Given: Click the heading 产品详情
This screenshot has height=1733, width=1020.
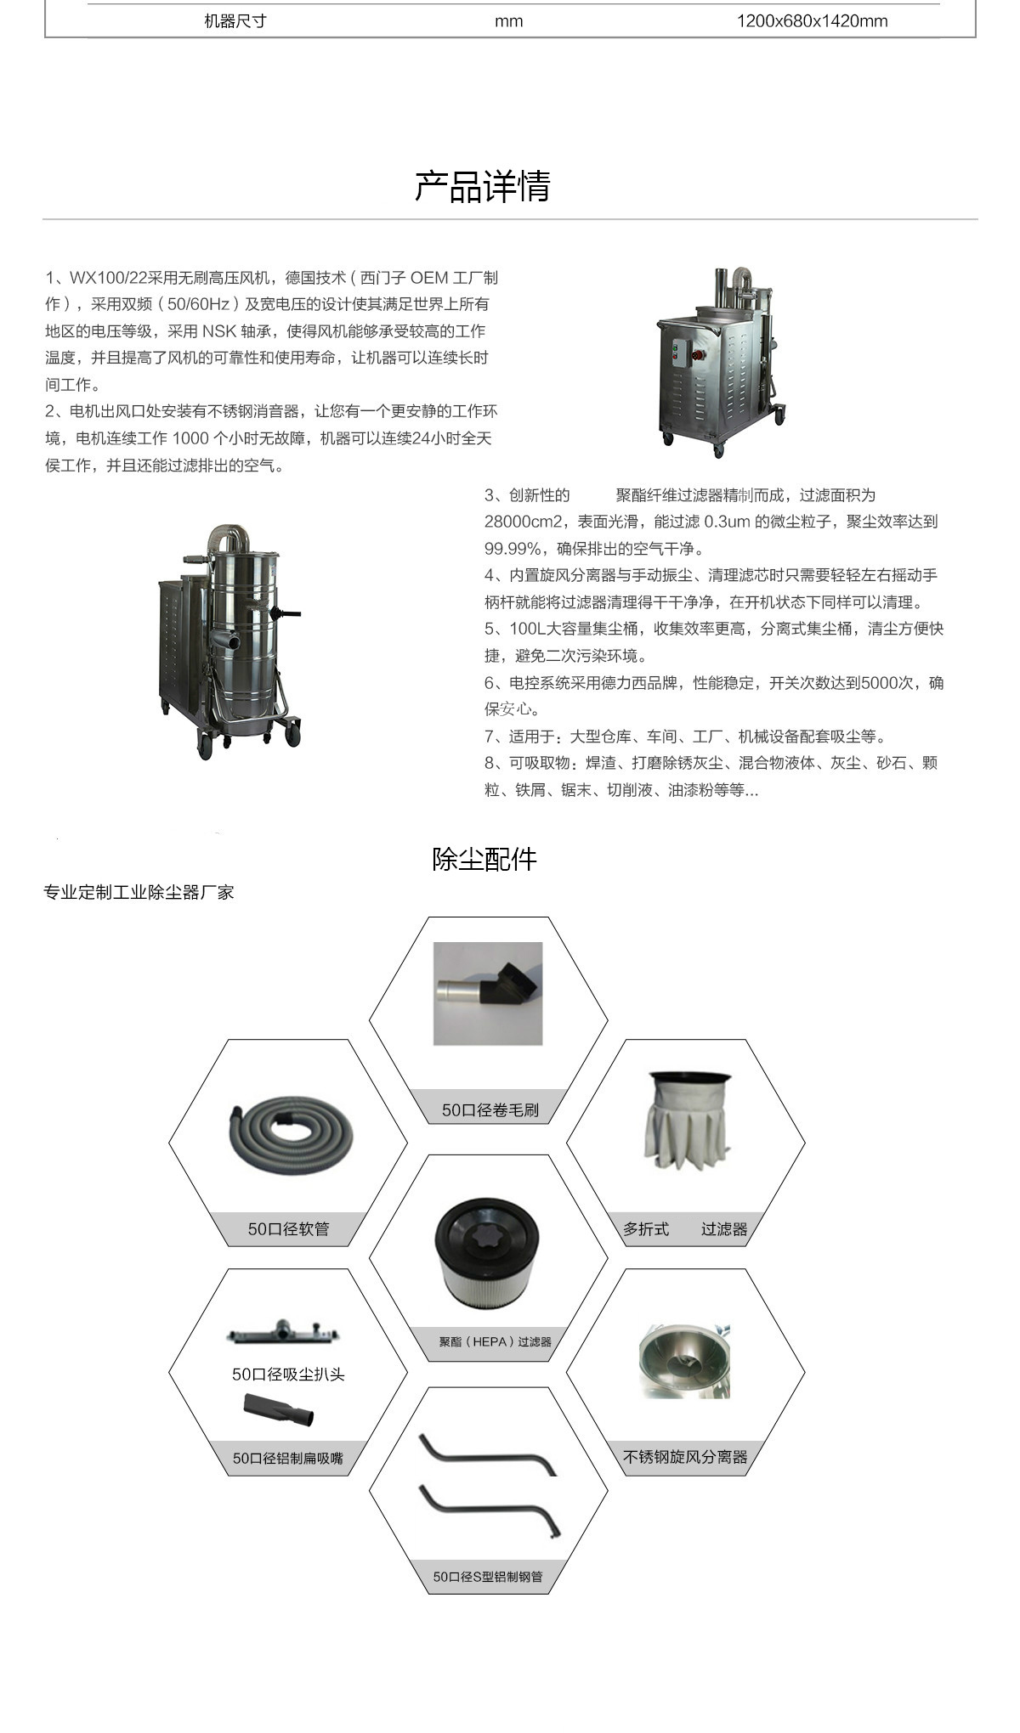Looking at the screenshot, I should (x=482, y=186).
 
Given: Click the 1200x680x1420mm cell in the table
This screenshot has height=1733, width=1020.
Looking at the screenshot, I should (x=812, y=21).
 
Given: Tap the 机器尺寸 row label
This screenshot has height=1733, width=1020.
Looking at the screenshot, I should (x=235, y=21).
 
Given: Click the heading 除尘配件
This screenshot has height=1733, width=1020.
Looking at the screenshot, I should (x=484, y=859).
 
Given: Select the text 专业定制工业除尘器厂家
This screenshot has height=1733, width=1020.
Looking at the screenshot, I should (x=139, y=892).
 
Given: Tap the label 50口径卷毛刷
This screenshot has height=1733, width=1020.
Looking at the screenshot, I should (x=490, y=1109).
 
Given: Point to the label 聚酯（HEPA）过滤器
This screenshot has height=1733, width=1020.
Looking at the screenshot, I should (x=495, y=1341).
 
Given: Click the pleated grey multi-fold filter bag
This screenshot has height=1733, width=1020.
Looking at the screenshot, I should (x=687, y=1121).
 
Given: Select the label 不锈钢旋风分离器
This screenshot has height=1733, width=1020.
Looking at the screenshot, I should (x=685, y=1457).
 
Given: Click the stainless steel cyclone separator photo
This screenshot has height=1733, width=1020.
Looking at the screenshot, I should (x=685, y=1362).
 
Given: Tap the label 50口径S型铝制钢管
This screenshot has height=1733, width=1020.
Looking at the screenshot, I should (x=487, y=1577).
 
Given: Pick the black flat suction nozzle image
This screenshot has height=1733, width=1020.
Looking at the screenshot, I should (x=279, y=1410).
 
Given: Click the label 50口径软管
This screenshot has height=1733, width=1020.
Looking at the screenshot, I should (x=288, y=1228).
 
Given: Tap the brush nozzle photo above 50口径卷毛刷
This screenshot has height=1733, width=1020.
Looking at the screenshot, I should (x=488, y=993).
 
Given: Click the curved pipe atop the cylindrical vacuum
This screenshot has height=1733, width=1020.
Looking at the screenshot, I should (x=229, y=536).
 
